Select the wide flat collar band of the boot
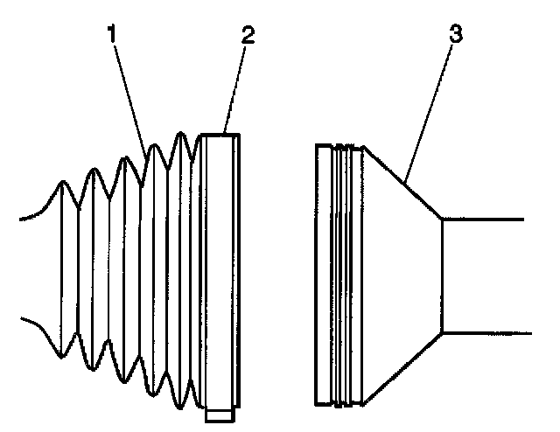point(220,271)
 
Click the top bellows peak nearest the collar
point(180,133)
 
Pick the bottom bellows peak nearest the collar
point(180,408)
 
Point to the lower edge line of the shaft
point(486,333)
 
